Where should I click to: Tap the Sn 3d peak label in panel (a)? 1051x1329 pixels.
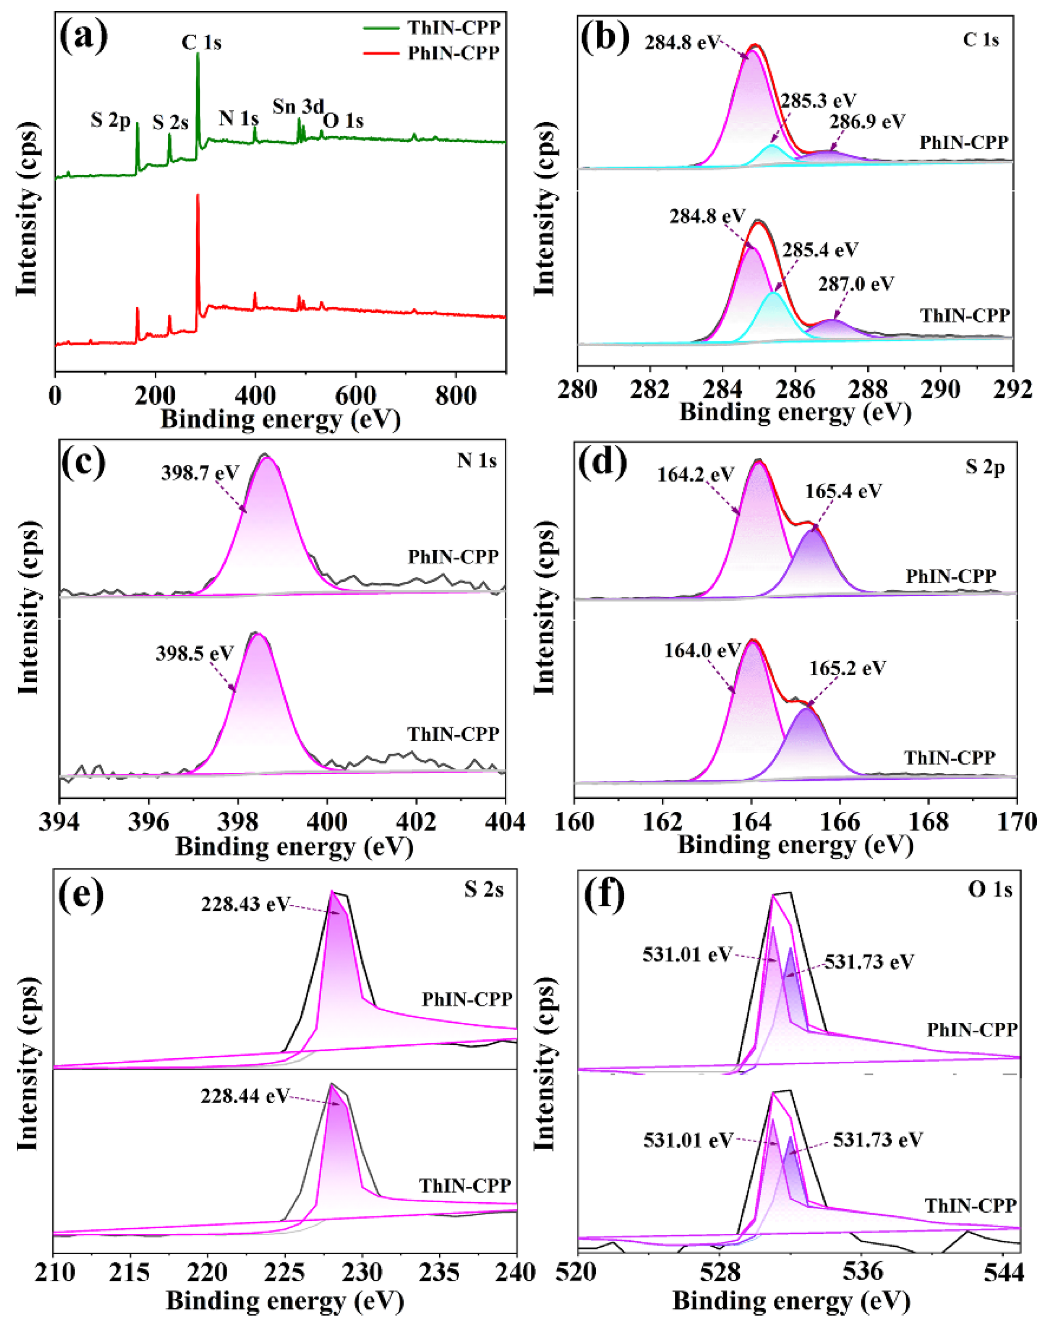(298, 106)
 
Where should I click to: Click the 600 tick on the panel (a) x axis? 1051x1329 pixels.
(355, 396)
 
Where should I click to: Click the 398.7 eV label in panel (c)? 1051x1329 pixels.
(200, 473)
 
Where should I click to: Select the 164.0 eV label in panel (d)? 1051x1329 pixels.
(702, 650)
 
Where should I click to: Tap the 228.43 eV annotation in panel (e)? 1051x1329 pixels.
(244, 904)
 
